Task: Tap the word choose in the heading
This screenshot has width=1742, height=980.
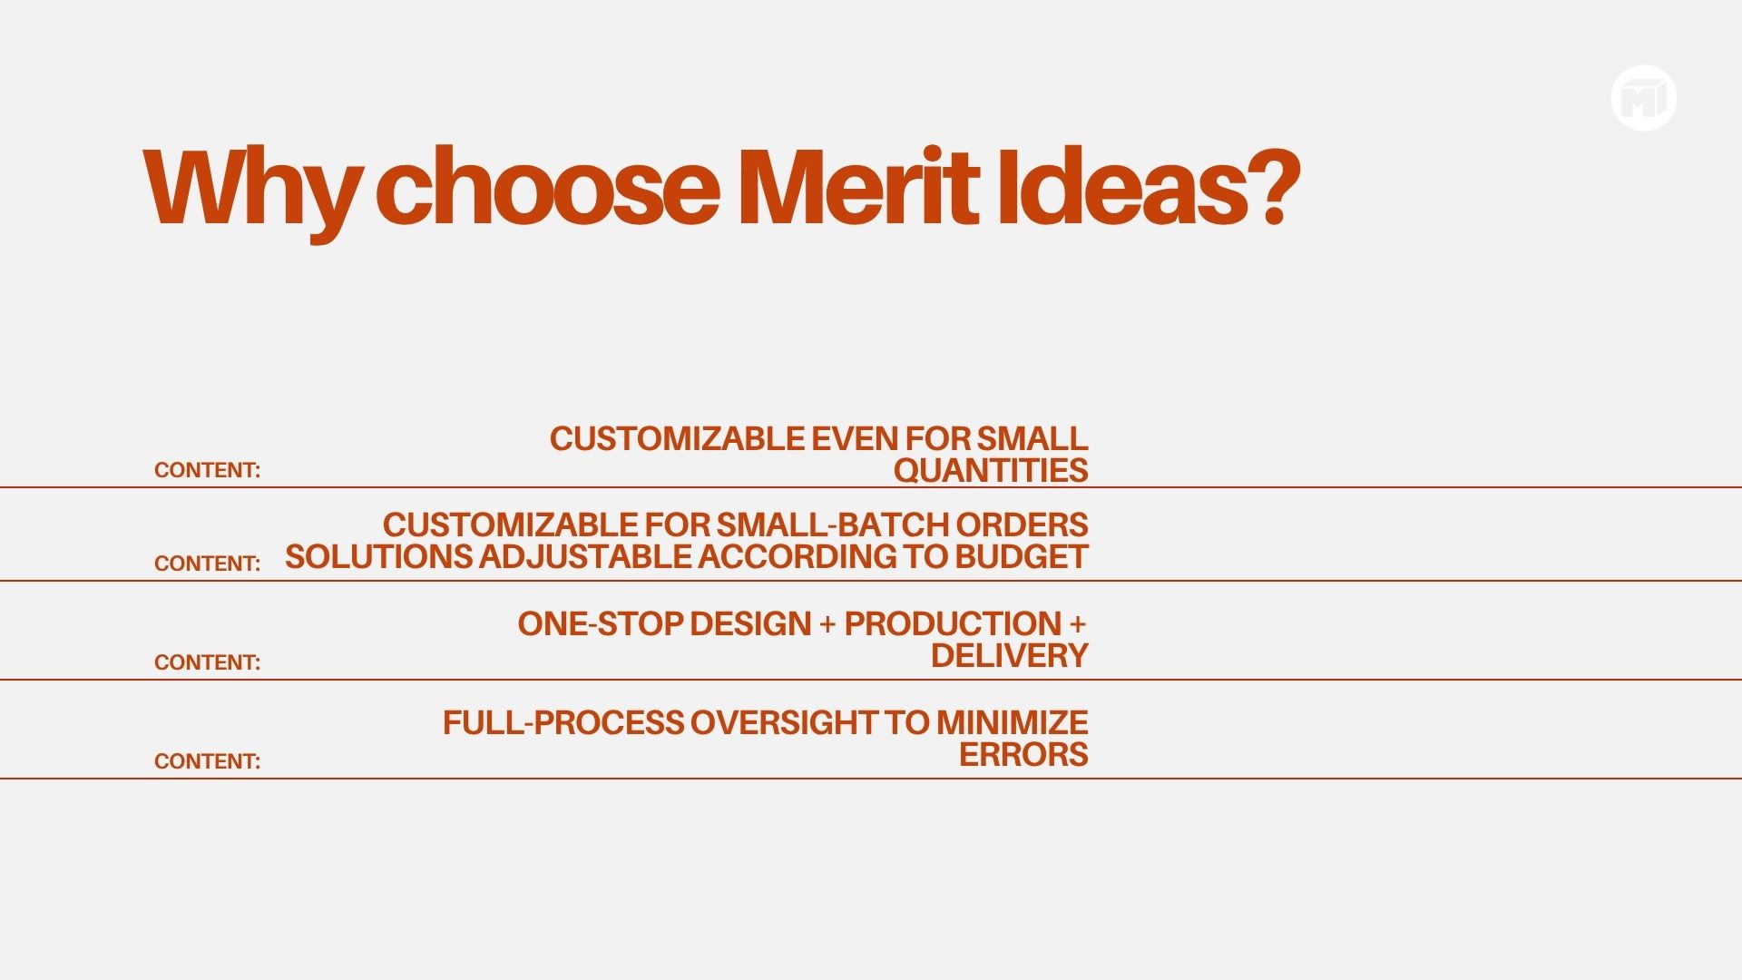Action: pyautogui.click(x=547, y=185)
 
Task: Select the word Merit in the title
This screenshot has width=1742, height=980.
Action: pyautogui.click(x=858, y=185)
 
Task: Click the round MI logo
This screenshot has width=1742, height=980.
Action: pyautogui.click(x=1644, y=98)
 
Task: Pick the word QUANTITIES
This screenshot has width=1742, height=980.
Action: pyautogui.click(x=991, y=470)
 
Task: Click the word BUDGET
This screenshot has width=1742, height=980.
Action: pyautogui.click(x=1022, y=556)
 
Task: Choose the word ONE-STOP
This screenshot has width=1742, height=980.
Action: pyautogui.click(x=600, y=623)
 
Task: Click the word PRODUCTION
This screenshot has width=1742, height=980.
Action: pyautogui.click(x=953, y=623)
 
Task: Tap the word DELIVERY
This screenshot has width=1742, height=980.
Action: pyautogui.click(x=1010, y=655)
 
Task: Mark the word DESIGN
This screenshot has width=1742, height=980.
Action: pyautogui.click(x=750, y=623)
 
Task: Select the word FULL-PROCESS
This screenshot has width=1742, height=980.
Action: pyautogui.click(x=563, y=722)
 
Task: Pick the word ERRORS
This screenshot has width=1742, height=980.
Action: pyautogui.click(x=1023, y=754)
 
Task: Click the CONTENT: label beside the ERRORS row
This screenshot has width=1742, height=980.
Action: pyautogui.click(x=207, y=761)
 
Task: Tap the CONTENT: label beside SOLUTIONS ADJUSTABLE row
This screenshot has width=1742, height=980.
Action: pyautogui.click(x=207, y=563)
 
